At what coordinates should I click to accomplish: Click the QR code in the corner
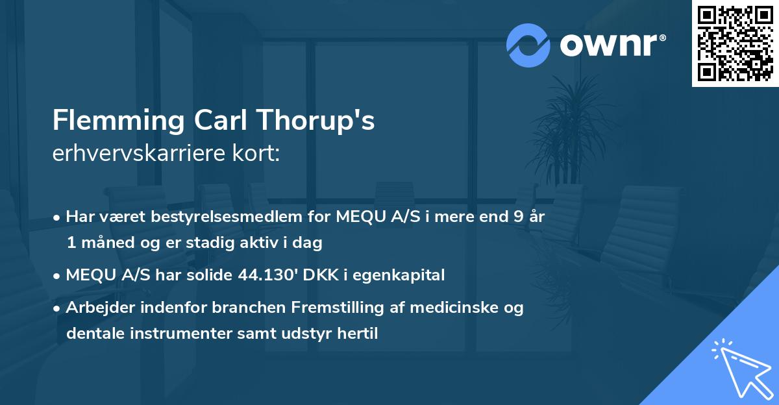[x=735, y=43]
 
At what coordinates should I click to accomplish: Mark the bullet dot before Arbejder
[x=58, y=308]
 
